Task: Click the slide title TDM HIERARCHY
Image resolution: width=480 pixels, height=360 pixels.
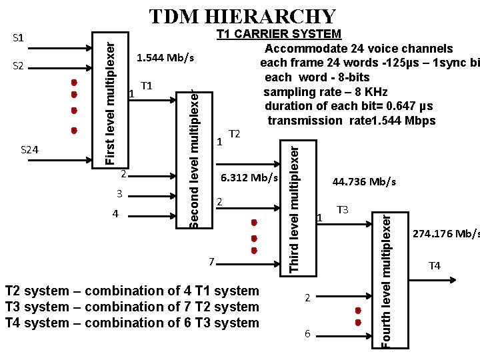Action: point(242,16)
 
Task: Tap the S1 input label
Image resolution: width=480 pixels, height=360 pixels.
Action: point(19,37)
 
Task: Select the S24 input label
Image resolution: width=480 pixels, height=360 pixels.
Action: point(29,150)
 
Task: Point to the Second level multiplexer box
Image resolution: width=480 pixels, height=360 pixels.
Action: point(193,159)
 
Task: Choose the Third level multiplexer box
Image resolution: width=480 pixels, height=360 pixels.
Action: point(293,204)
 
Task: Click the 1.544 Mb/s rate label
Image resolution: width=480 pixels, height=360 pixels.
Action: point(165,58)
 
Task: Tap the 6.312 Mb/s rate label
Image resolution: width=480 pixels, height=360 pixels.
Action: point(249,178)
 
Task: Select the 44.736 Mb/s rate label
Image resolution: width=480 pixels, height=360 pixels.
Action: point(364,181)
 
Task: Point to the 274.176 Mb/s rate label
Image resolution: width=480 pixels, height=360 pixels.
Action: point(445,234)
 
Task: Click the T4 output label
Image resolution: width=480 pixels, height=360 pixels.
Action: point(434,266)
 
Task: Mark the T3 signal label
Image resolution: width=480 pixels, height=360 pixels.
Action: point(343,210)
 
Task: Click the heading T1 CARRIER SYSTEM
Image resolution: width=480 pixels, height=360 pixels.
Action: point(279,34)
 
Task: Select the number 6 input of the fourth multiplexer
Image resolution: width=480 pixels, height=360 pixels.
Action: point(307,333)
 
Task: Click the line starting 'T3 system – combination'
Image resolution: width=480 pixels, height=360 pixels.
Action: point(131,307)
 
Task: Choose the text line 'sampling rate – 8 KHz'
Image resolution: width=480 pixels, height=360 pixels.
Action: point(325,92)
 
